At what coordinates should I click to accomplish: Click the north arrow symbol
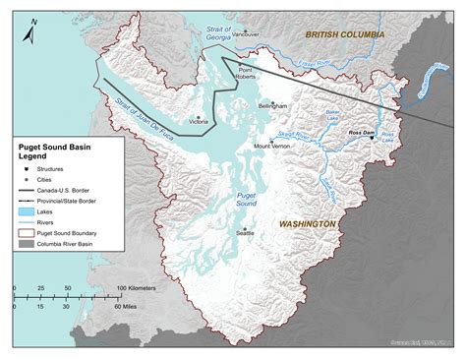[31, 30]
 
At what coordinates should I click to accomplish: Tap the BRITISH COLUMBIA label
[344, 33]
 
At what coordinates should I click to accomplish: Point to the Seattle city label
[246, 233]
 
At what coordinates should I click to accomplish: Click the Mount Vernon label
[272, 147]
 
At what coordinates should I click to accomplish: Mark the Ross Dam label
[361, 131]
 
